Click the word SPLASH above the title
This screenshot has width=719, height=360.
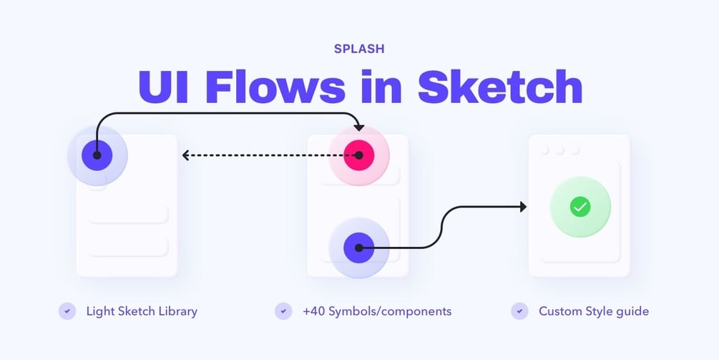pyautogui.click(x=359, y=49)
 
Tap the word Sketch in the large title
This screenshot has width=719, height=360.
pyautogui.click(x=500, y=87)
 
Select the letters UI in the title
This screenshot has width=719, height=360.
pyautogui.click(x=163, y=87)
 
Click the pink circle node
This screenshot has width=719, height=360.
pyautogui.click(x=359, y=155)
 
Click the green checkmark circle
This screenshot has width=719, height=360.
pyautogui.click(x=580, y=207)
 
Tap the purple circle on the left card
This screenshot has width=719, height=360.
pyautogui.click(x=97, y=155)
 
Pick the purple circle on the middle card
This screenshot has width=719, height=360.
pyautogui.click(x=359, y=248)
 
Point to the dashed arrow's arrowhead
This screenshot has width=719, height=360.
pyautogui.click(x=186, y=155)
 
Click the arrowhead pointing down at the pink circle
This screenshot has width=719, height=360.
pyautogui.click(x=359, y=127)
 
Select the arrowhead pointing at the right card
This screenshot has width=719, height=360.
pyautogui.click(x=522, y=207)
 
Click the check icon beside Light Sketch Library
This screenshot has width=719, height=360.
pyautogui.click(x=67, y=311)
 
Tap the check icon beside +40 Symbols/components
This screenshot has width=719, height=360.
pyautogui.click(x=283, y=311)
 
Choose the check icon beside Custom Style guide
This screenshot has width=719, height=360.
pyautogui.click(x=519, y=311)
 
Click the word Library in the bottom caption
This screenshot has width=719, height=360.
pyautogui.click(x=177, y=311)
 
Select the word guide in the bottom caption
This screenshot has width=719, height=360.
pyautogui.click(x=632, y=312)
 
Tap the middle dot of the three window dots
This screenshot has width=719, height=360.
pyautogui.click(x=560, y=150)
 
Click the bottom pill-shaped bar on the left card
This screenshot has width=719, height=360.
pyautogui.click(x=127, y=246)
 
